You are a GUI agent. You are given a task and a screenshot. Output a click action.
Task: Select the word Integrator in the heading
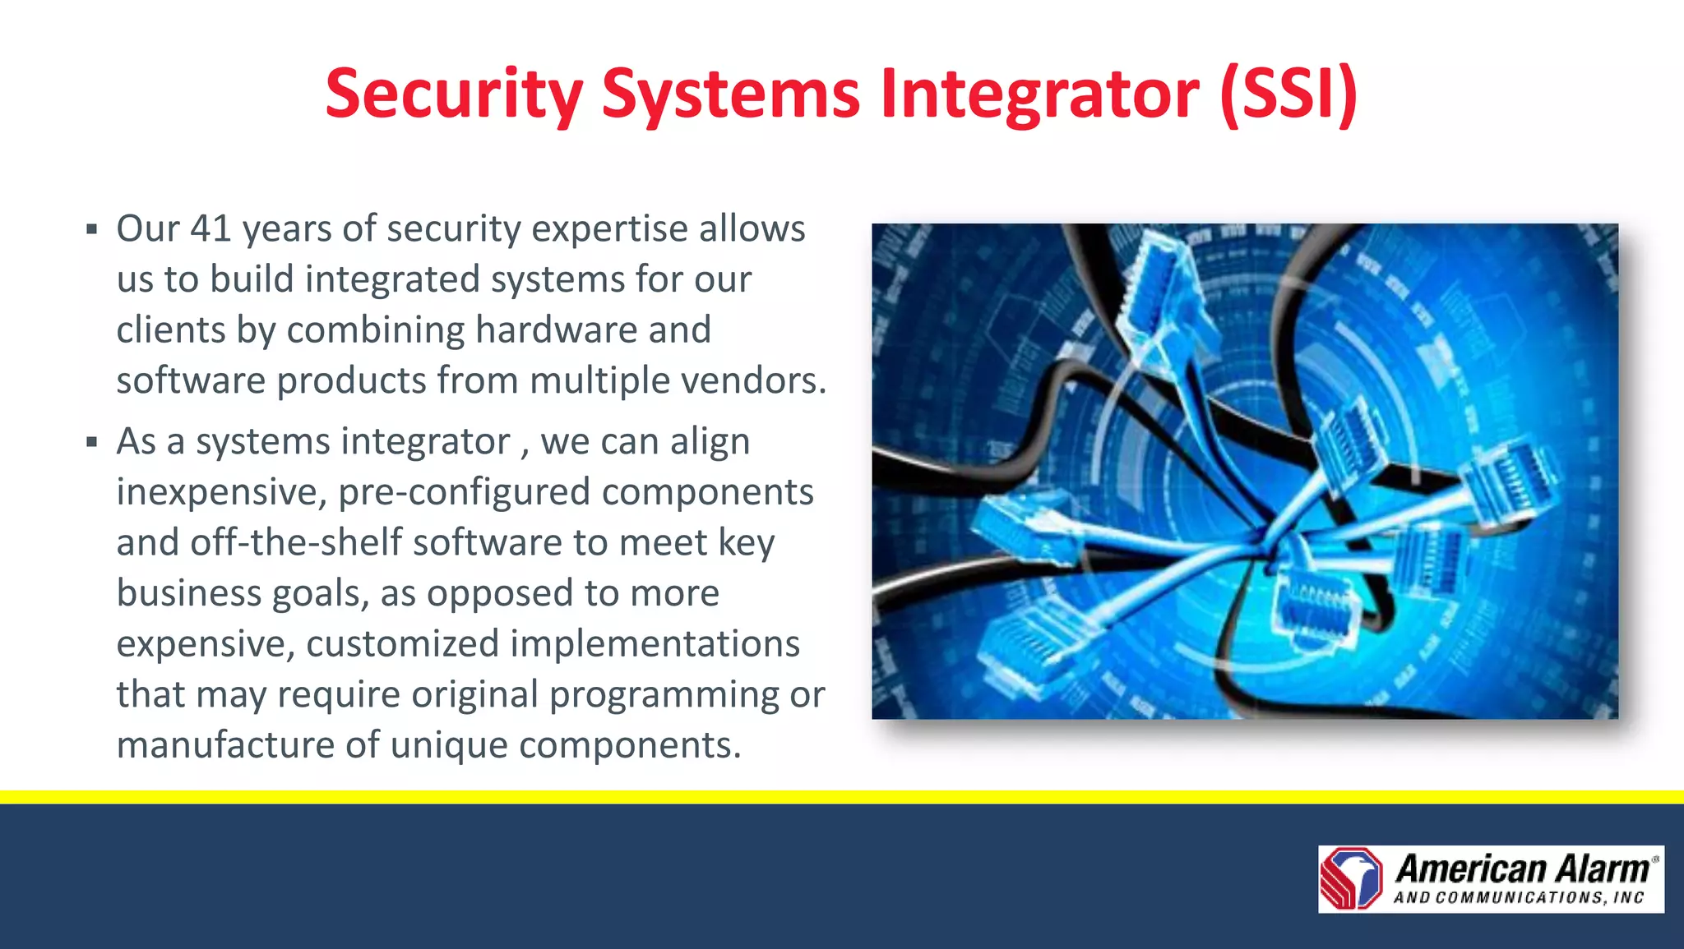pos(1039,94)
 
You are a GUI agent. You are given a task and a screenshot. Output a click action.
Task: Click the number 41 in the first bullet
pos(210,228)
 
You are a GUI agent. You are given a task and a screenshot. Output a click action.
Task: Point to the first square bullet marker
pos(92,229)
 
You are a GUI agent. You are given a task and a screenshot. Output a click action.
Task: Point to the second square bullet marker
pos(92,442)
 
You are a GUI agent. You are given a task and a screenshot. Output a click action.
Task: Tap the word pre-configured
pos(464,492)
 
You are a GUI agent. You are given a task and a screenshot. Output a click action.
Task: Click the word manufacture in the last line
pos(224,745)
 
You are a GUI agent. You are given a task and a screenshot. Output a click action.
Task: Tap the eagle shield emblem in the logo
pos(1351,878)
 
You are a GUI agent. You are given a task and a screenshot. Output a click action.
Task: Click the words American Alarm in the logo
pos(1521,868)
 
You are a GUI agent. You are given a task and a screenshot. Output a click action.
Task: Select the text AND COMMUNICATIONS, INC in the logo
pos(1518,898)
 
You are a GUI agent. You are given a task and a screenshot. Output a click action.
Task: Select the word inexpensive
pos(222,492)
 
